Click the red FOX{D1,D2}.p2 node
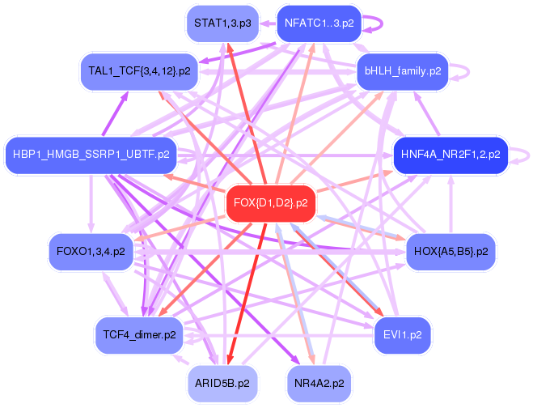click(270, 202)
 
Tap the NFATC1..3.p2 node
click(319, 23)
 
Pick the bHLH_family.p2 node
click(402, 71)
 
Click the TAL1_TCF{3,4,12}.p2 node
click(140, 71)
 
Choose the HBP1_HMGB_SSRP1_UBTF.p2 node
click(87, 154)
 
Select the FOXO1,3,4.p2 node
click(91, 252)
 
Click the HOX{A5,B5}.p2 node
click(449, 252)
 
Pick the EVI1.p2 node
click(402, 334)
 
